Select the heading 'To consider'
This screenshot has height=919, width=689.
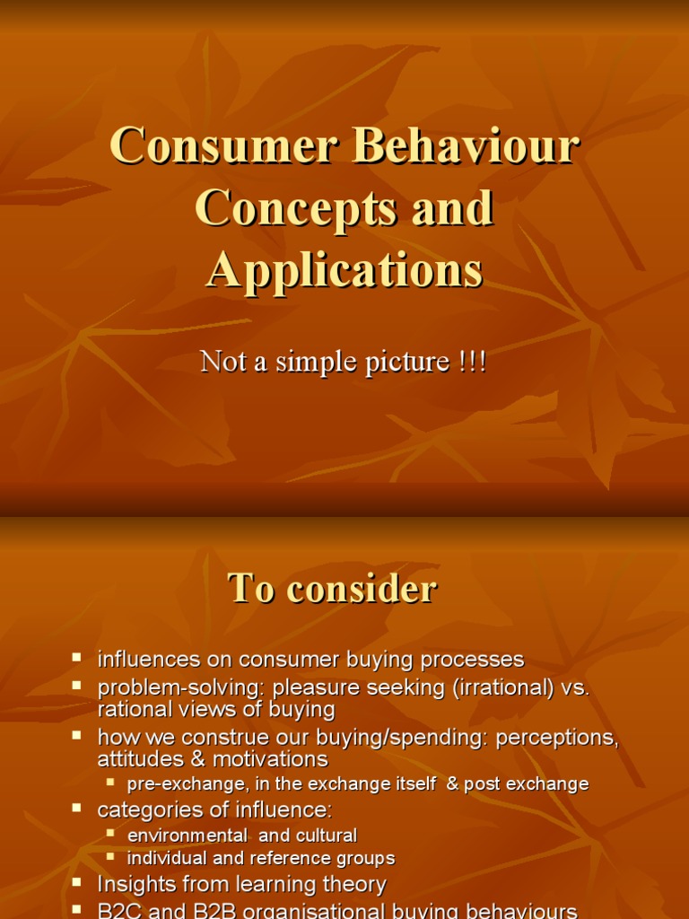pyautogui.click(x=332, y=589)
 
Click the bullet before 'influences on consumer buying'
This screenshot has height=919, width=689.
pyautogui.click(x=78, y=658)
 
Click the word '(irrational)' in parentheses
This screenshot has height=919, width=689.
pyautogui.click(x=507, y=687)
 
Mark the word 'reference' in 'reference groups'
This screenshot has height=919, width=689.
pyautogui.click(x=290, y=859)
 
